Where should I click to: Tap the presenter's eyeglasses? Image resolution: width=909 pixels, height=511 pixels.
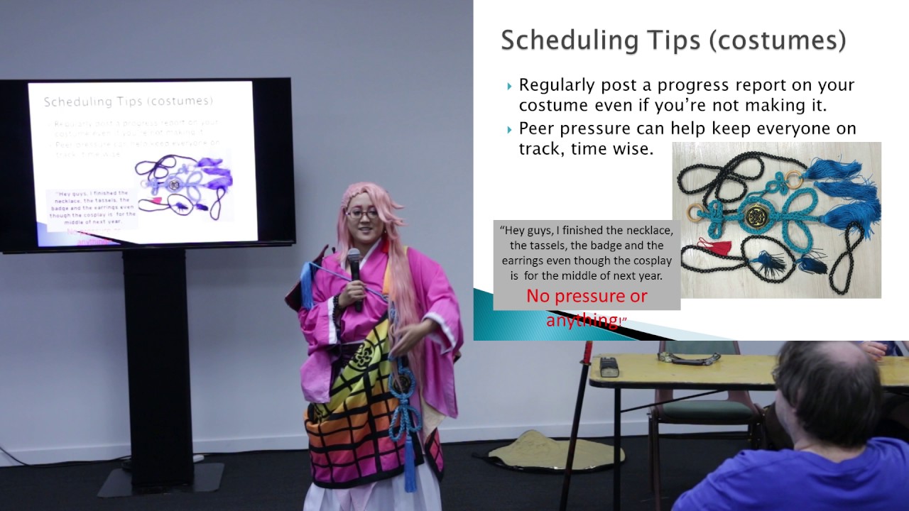coord(362,213)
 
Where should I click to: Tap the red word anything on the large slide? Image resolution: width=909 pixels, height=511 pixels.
coord(582,319)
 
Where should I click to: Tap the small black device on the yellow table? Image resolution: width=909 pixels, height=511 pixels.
coord(609,367)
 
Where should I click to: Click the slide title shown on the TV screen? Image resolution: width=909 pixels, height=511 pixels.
coord(128,101)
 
